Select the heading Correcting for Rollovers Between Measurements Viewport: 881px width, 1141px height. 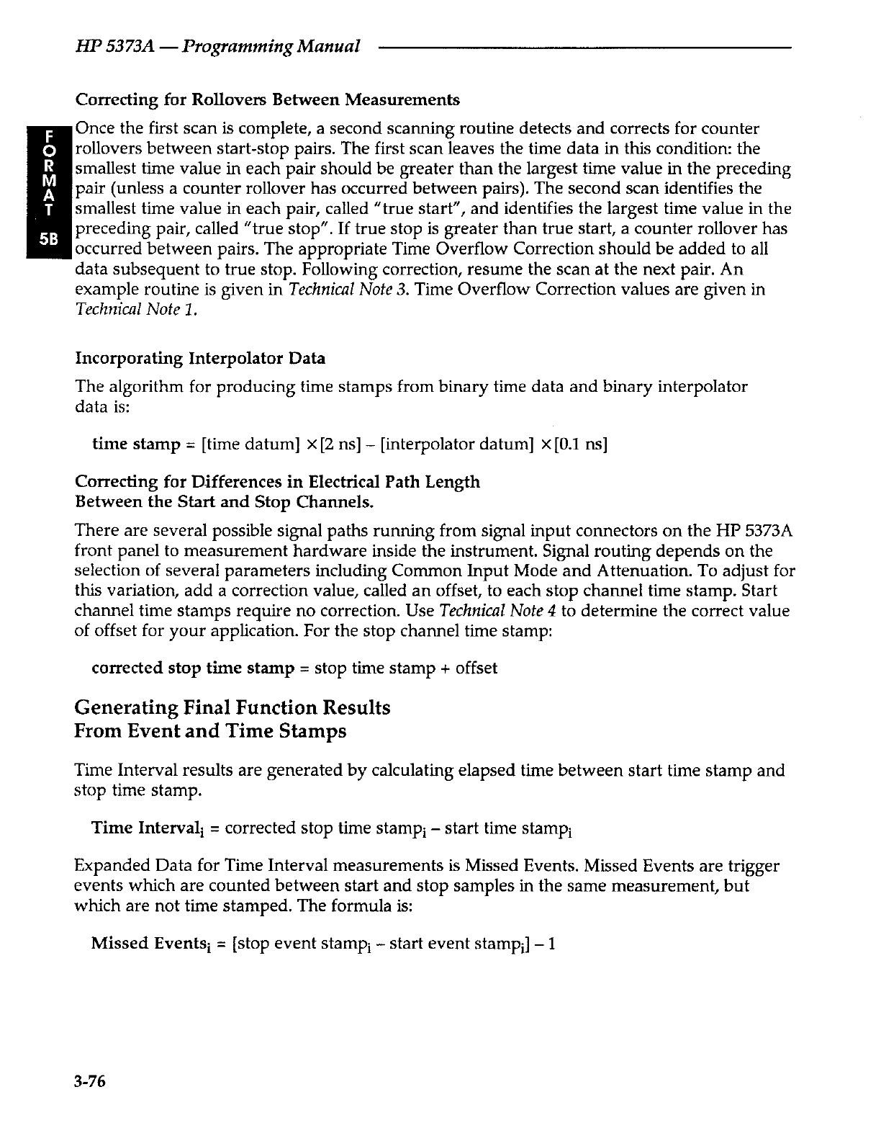click(x=267, y=99)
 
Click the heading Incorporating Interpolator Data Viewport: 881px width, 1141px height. click(x=200, y=358)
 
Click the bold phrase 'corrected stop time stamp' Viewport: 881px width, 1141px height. click(x=192, y=668)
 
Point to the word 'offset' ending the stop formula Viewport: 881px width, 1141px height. click(x=476, y=668)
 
